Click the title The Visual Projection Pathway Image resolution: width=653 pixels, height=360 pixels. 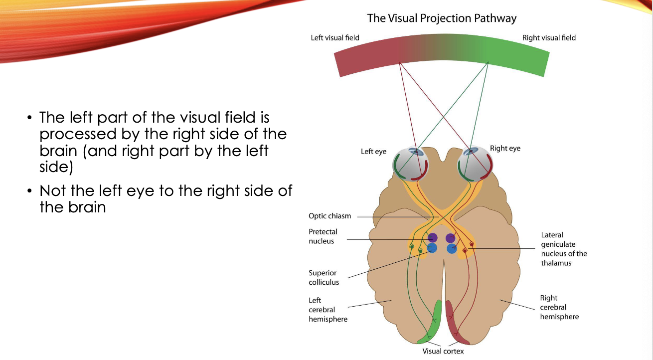(x=442, y=18)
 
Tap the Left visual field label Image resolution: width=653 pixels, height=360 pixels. (x=334, y=38)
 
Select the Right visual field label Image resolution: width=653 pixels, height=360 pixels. (x=548, y=38)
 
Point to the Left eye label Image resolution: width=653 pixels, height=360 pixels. (x=373, y=152)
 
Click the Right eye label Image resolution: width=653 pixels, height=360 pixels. (x=505, y=149)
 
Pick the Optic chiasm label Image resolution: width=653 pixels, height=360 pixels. (x=329, y=216)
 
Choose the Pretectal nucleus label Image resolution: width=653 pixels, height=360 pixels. (x=323, y=236)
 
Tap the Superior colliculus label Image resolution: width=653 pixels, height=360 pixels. (x=324, y=277)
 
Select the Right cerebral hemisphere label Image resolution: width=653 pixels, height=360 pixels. (x=559, y=307)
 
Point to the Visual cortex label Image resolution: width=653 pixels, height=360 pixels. (x=443, y=351)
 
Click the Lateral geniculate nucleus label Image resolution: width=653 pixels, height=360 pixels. (x=564, y=249)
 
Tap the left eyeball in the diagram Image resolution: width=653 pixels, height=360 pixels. (x=411, y=163)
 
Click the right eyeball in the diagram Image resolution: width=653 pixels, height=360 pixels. (x=475, y=162)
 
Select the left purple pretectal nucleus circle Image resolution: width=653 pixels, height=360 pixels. (x=432, y=238)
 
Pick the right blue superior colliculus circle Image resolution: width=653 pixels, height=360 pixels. (x=452, y=248)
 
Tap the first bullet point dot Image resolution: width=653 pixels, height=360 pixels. (x=29, y=118)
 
